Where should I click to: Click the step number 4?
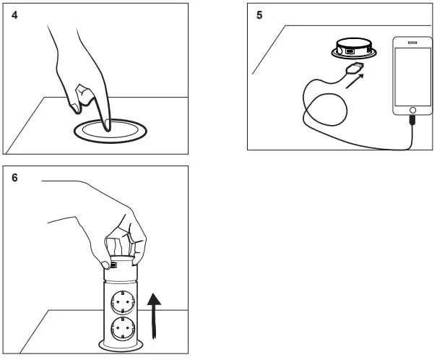coord(15,14)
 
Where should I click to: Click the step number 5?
coord(259,14)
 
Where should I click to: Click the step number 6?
coord(15,177)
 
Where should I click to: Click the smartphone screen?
coord(412,76)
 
